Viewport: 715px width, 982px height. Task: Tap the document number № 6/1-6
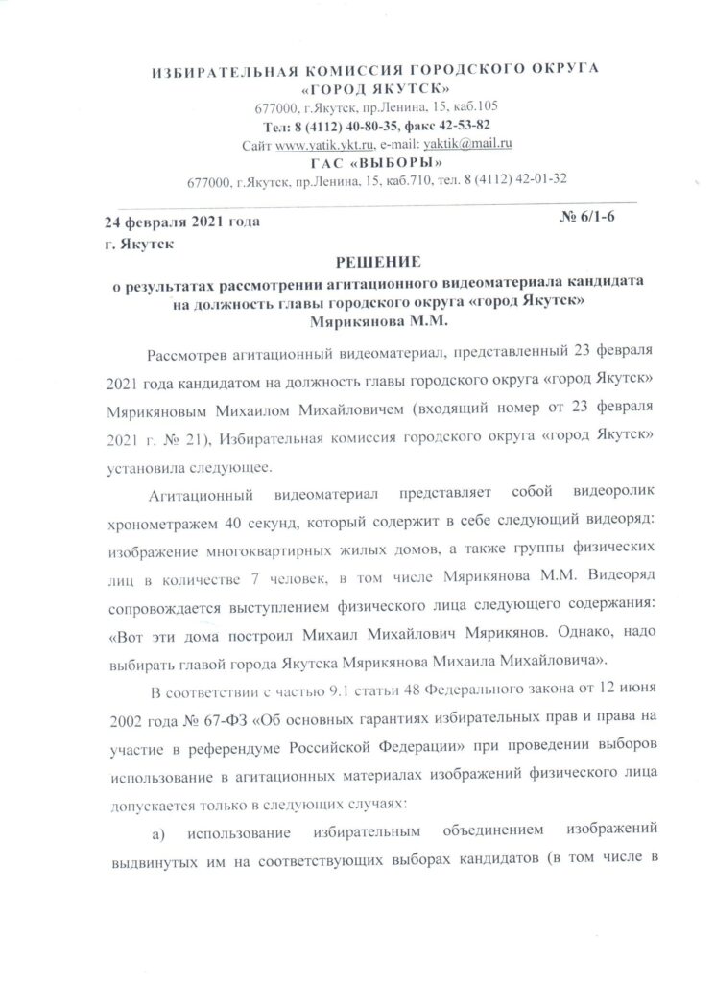coord(586,221)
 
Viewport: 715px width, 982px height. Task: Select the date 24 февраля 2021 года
coord(182,222)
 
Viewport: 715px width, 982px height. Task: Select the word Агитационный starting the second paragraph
coord(203,495)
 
